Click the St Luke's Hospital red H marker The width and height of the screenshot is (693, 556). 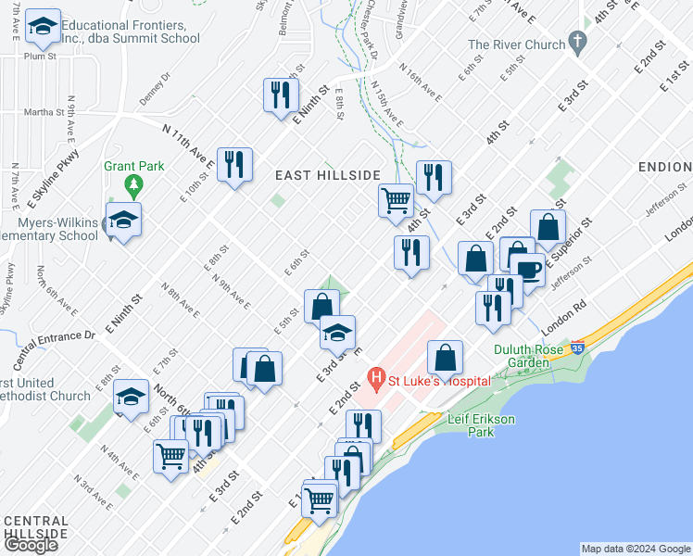pos(376,377)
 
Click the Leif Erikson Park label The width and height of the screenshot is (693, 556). pos(478,425)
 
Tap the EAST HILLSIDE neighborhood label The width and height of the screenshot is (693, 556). pos(328,175)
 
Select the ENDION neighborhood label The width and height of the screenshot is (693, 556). pos(664,167)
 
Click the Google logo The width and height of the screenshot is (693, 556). pos(31,545)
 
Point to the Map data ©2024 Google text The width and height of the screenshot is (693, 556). pos(636,549)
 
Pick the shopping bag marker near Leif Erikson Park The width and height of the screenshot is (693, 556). pos(446,357)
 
